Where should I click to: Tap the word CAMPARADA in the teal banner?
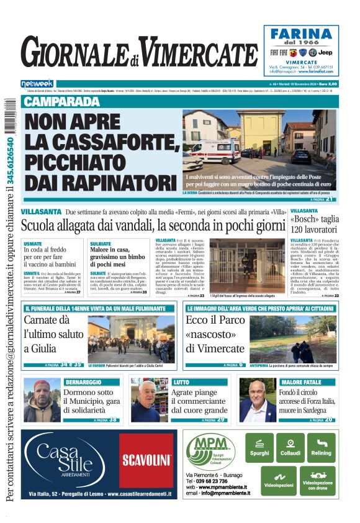coord(61,101)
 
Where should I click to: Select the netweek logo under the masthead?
coord(37,83)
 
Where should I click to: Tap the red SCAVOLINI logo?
coord(146,460)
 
